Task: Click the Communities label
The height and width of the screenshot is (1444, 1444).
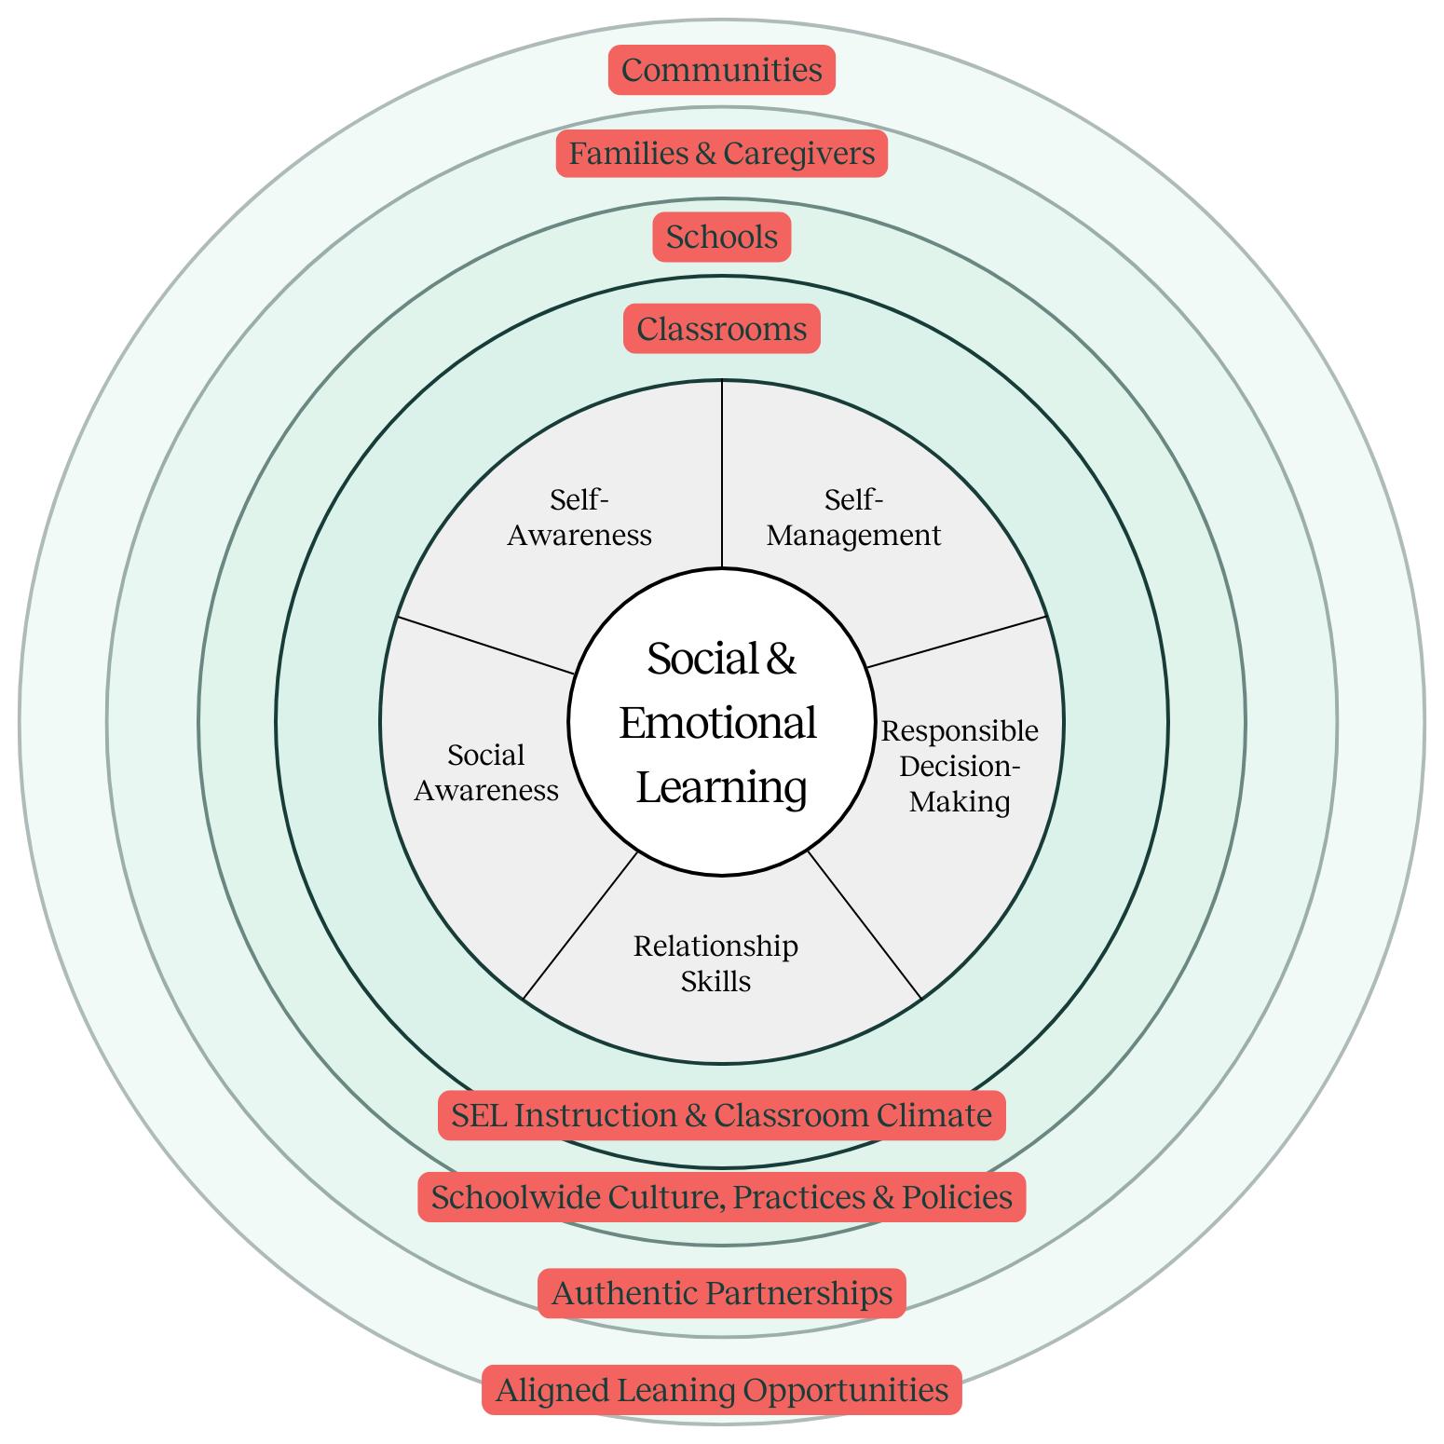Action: (721, 70)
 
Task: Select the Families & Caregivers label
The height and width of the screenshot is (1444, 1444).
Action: (721, 153)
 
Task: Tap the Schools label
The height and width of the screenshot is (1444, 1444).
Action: (721, 237)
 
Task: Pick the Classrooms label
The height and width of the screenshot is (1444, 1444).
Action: (721, 329)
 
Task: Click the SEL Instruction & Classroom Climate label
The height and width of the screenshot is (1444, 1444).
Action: (721, 1115)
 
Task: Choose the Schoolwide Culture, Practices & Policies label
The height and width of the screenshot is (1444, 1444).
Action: (721, 1197)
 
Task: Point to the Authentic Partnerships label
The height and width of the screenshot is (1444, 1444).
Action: (721, 1293)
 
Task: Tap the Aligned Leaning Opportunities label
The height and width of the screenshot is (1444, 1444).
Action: (721, 1390)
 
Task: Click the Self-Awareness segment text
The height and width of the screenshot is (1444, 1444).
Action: (579, 518)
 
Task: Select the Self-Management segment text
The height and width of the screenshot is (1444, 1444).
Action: (853, 518)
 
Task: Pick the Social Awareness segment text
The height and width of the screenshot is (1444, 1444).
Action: (486, 772)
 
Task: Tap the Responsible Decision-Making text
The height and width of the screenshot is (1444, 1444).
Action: (960, 766)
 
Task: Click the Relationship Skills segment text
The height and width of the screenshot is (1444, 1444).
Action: (715, 963)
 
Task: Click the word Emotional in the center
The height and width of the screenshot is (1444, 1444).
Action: (717, 723)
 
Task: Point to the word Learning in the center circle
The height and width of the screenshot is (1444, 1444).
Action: (721, 787)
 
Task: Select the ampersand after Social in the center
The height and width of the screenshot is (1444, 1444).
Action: (781, 659)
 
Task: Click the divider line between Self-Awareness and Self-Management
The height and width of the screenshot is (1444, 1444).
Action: (722, 475)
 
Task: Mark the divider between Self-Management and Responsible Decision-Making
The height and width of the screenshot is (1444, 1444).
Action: (958, 641)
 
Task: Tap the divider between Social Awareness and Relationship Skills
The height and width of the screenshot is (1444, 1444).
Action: (580, 926)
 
